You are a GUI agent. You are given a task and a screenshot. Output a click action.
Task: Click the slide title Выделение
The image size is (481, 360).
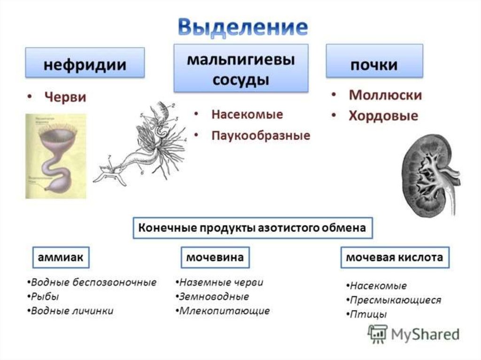(243, 27)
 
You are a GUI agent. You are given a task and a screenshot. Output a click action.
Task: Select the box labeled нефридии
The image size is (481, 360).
(85, 63)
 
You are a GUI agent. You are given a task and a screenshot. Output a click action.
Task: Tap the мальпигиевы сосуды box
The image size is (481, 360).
(241, 69)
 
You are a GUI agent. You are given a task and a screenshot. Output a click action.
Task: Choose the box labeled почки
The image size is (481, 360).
(374, 63)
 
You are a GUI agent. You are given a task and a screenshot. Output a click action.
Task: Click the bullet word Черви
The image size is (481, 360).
(65, 97)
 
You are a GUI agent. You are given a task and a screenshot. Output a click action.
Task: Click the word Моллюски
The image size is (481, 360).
(385, 95)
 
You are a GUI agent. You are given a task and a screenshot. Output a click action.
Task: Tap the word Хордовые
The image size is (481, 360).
(383, 116)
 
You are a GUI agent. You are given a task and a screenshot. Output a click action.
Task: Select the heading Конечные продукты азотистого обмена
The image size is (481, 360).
(252, 228)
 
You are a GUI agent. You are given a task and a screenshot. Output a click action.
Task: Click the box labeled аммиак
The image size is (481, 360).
(61, 257)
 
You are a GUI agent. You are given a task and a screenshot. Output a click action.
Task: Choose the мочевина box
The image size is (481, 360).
(215, 257)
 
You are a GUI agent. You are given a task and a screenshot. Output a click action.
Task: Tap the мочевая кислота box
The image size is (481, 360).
(394, 257)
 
